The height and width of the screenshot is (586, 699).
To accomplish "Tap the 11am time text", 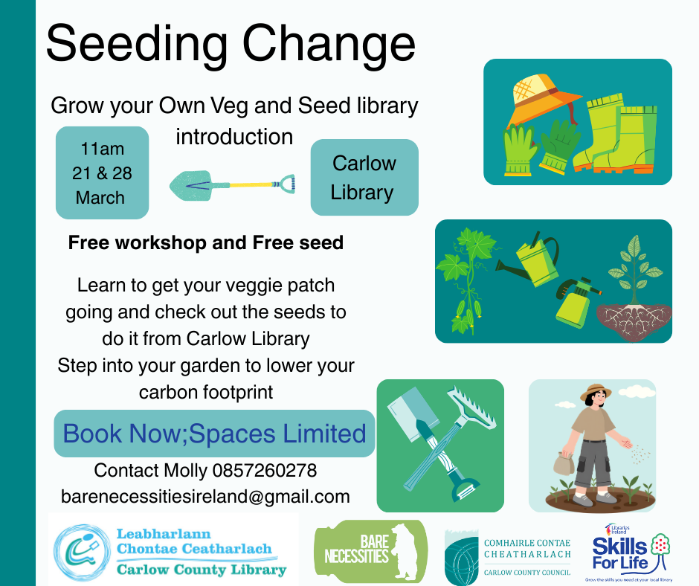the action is (102, 149).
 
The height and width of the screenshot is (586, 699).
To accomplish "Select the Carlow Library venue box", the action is (364, 177).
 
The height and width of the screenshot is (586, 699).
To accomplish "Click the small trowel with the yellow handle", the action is (232, 184).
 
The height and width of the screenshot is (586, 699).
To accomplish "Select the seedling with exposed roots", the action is (634, 290).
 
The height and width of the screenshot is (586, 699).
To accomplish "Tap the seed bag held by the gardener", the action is (564, 463).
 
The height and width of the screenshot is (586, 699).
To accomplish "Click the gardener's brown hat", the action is (595, 391).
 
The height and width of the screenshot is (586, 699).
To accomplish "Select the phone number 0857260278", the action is (264, 471).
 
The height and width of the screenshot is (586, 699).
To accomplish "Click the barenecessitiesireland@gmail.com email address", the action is (205, 496).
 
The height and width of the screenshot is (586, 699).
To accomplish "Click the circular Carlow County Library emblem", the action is (82, 552).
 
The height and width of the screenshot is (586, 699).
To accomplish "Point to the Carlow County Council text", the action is (527, 573).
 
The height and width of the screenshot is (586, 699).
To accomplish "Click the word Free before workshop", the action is (89, 243).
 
